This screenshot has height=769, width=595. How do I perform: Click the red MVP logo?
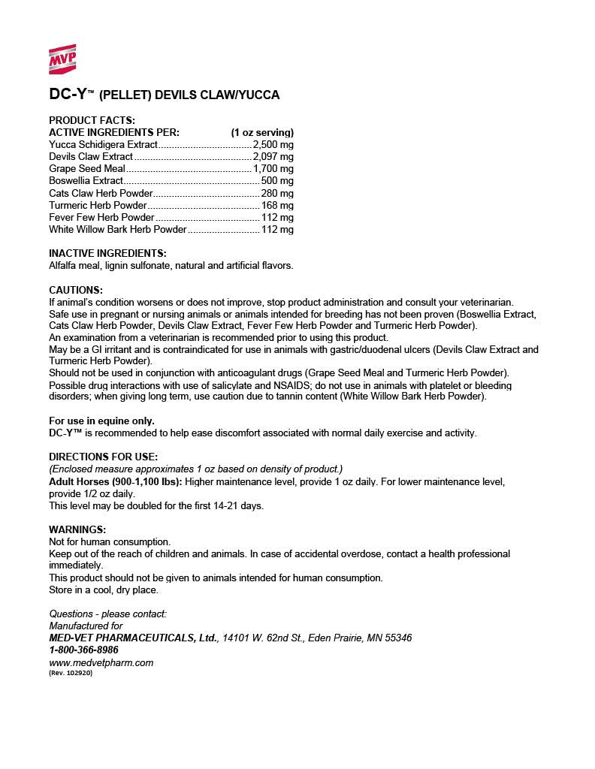click(x=62, y=59)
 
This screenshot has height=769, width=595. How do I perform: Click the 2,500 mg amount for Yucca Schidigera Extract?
click(x=273, y=144)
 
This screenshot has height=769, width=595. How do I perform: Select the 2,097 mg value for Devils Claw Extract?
click(x=273, y=156)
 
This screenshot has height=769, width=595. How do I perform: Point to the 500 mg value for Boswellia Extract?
click(x=277, y=181)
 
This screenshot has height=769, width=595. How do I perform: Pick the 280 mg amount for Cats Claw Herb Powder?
click(x=277, y=193)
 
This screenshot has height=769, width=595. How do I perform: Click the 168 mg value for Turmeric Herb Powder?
click(x=277, y=205)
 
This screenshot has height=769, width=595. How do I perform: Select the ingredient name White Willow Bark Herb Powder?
click(x=117, y=229)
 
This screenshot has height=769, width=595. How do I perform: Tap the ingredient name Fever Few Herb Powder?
click(x=101, y=217)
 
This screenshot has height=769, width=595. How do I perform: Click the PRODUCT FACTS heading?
click(x=92, y=120)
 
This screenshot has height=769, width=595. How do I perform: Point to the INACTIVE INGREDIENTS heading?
click(x=107, y=253)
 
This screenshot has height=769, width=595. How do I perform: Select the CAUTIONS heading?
click(x=75, y=290)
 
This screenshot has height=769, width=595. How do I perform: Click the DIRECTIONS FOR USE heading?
click(x=103, y=457)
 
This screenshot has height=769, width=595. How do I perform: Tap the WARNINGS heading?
click(x=77, y=529)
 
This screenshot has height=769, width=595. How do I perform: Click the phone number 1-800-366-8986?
click(x=83, y=650)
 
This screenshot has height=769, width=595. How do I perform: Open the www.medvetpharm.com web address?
click(x=101, y=662)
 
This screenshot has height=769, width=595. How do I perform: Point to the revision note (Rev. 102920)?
click(x=71, y=673)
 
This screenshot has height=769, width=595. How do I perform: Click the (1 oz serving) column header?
click(x=262, y=132)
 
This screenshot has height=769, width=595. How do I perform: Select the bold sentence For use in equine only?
click(x=101, y=421)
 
